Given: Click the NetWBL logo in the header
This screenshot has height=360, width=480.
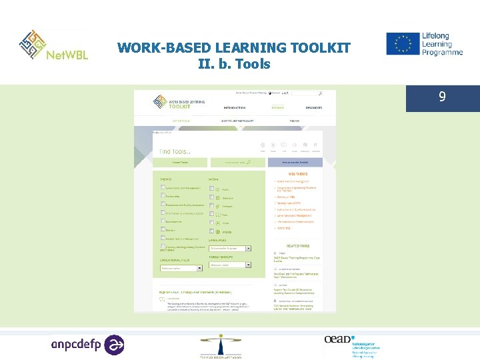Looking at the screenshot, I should tap(54, 45).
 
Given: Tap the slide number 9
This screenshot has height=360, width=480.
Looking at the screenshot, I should tap(442, 97).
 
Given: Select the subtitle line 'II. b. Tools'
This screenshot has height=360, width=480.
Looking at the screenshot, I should tap(234, 64).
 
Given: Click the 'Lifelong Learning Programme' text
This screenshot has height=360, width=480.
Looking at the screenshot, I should tap(441, 43).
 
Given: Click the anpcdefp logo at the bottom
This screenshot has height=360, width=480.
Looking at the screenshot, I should tap(87, 345).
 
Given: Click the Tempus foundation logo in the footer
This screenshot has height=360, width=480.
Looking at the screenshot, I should tap(221, 346).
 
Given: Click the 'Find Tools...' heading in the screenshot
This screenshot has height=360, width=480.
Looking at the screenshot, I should tap(175, 152).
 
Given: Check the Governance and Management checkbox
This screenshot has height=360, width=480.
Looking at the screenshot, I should tap(163, 188).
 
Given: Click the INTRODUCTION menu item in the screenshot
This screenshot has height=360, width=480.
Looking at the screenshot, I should tap(234, 107).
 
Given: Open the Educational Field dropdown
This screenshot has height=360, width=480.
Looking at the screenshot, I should tap(181, 268).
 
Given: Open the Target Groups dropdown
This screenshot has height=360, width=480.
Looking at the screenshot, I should tap(230, 265).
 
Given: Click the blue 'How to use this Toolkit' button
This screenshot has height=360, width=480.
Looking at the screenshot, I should tap(295, 162).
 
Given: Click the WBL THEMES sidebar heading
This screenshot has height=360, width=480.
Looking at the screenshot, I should tap(295, 175).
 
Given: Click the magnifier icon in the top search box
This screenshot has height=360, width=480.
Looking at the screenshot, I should tap(320, 94).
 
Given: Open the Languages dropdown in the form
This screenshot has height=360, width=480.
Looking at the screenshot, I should tap(230, 248).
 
